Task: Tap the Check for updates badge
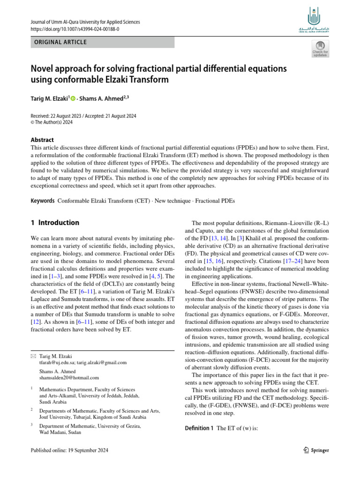320,49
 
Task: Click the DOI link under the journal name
75,29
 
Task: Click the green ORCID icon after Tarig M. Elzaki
73,99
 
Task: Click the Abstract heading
42,140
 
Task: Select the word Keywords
43,201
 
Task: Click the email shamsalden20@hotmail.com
69,377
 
